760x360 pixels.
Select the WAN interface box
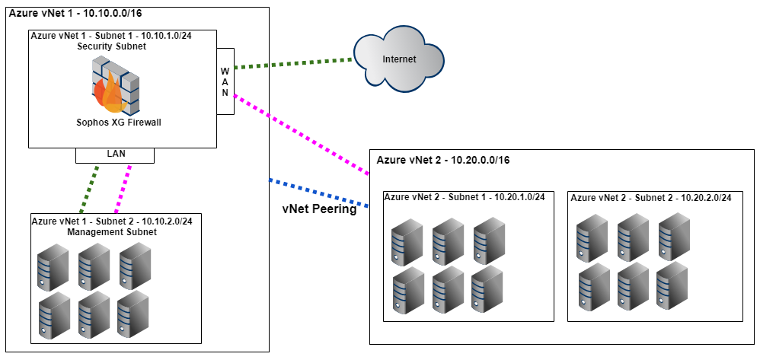coord(225,81)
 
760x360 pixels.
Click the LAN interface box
coord(115,154)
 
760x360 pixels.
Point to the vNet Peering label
coord(319,210)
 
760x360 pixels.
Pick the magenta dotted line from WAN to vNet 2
coord(301,130)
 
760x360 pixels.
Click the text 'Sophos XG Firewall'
coord(119,122)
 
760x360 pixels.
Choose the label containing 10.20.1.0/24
coord(465,197)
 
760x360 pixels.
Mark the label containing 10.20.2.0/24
coord(651,197)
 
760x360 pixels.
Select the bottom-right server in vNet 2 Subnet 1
coord(487,290)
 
